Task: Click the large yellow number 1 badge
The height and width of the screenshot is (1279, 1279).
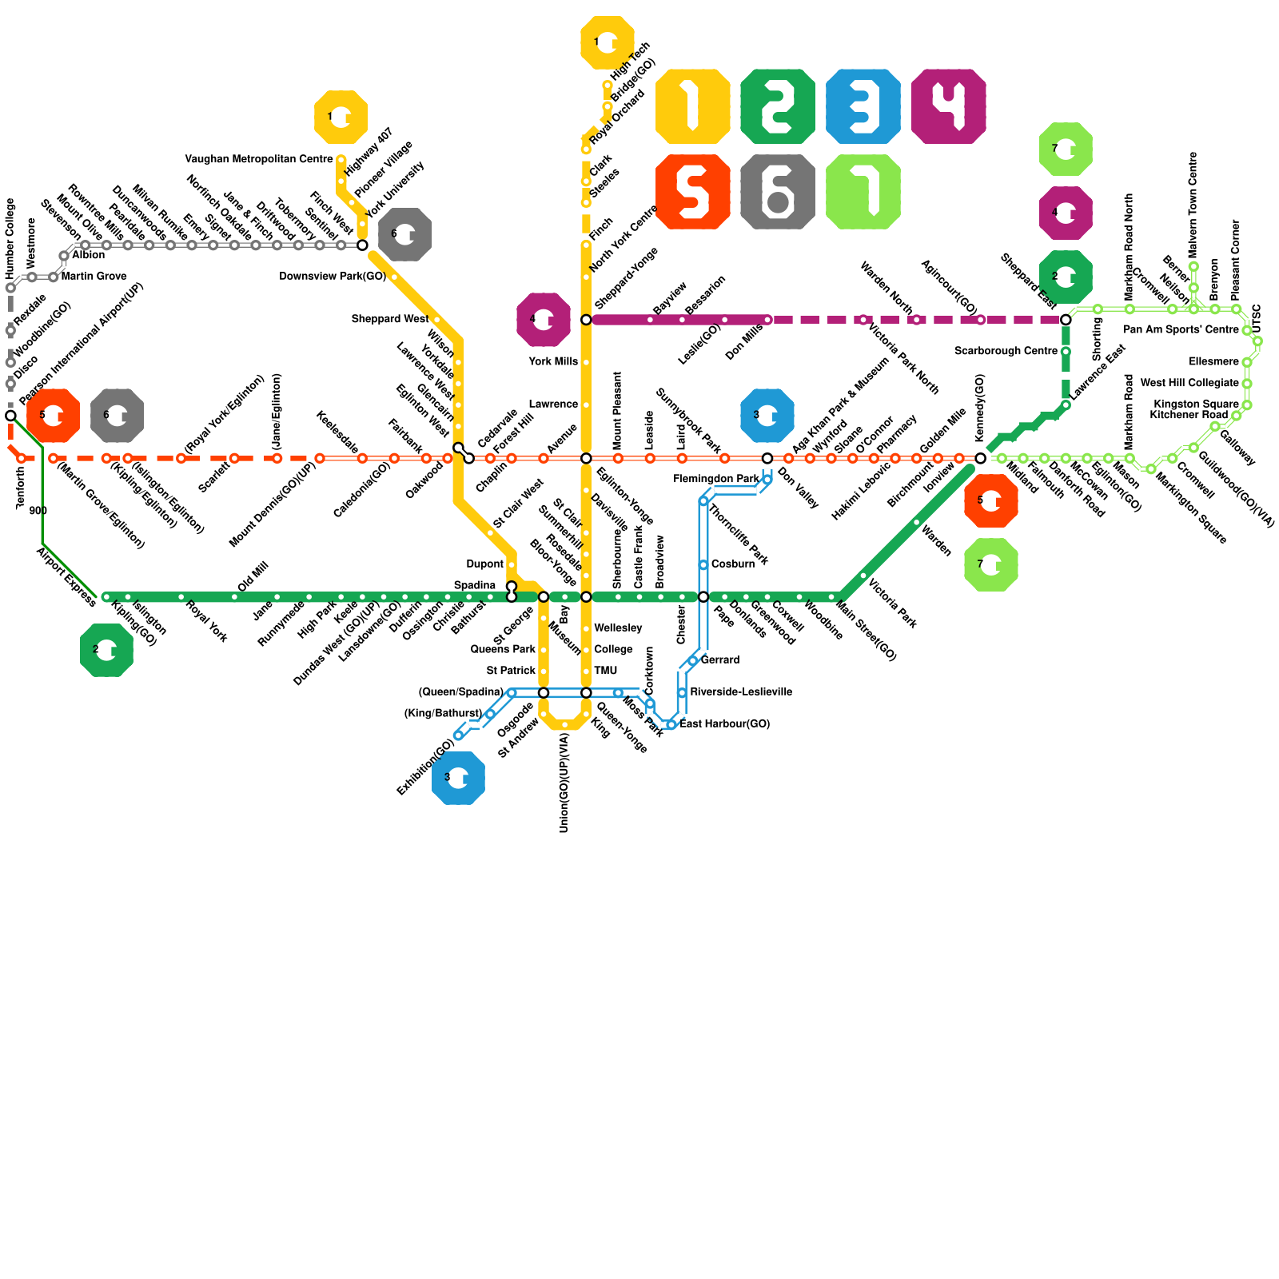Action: (692, 106)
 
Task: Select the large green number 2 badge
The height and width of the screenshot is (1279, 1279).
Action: (778, 106)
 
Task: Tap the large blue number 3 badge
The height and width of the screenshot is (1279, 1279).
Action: (863, 106)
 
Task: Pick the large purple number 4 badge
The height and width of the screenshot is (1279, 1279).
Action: (949, 106)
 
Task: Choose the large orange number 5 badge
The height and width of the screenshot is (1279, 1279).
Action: (692, 192)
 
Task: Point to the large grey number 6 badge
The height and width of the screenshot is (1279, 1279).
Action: (778, 192)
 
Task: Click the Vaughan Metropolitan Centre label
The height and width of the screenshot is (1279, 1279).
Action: (258, 159)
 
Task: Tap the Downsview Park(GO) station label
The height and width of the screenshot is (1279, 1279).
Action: (333, 277)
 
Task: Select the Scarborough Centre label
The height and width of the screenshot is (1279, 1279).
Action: (1006, 351)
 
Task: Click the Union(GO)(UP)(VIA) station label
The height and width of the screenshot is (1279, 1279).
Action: (564, 783)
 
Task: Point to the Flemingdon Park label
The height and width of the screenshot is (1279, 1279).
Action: (716, 479)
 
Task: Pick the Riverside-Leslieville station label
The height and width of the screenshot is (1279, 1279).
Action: (741, 691)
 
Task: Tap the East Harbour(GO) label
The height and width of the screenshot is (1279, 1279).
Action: (725, 724)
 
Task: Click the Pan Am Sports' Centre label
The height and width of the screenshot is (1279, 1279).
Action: (1181, 329)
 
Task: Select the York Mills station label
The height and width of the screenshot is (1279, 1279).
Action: (553, 361)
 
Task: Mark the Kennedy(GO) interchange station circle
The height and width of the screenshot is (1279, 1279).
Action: (981, 458)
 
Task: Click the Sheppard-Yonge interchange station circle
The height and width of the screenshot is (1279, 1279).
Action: (586, 320)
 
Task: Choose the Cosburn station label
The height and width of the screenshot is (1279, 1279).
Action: (733, 564)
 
